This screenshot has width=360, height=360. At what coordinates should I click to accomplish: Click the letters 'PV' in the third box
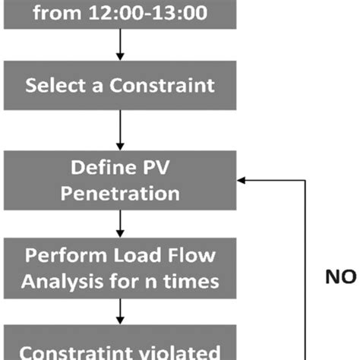[153, 166]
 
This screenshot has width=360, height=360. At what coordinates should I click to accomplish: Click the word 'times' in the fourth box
[195, 282]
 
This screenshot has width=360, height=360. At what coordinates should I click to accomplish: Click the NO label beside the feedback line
[341, 277]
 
